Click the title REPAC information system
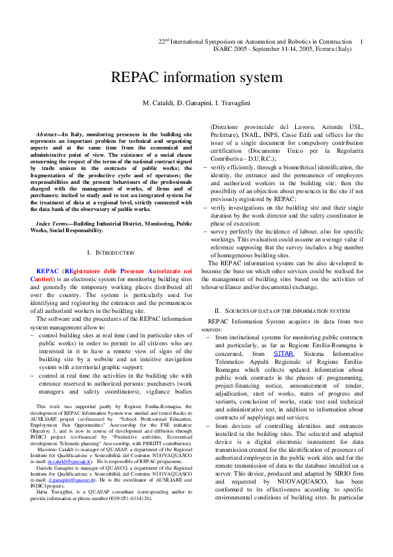pyautogui.click(x=196, y=77)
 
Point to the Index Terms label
pyautogui.click(x=53, y=224)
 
